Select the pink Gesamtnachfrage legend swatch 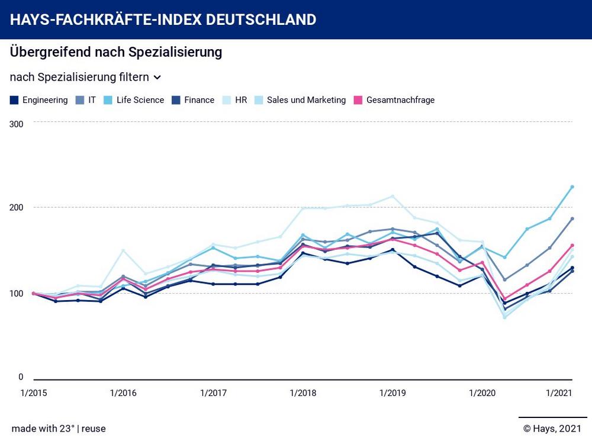[358, 100]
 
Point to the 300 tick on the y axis [16, 124]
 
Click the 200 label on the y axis [16, 208]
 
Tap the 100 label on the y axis [16, 294]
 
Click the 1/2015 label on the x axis [33, 393]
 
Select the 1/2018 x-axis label [303, 393]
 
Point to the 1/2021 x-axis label [558, 393]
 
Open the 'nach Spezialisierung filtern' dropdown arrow [157, 78]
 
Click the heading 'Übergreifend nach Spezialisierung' [116, 52]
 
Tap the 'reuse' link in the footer [94, 429]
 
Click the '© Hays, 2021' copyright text [552, 429]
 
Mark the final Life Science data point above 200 [572, 187]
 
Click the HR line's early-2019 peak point [392, 197]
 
